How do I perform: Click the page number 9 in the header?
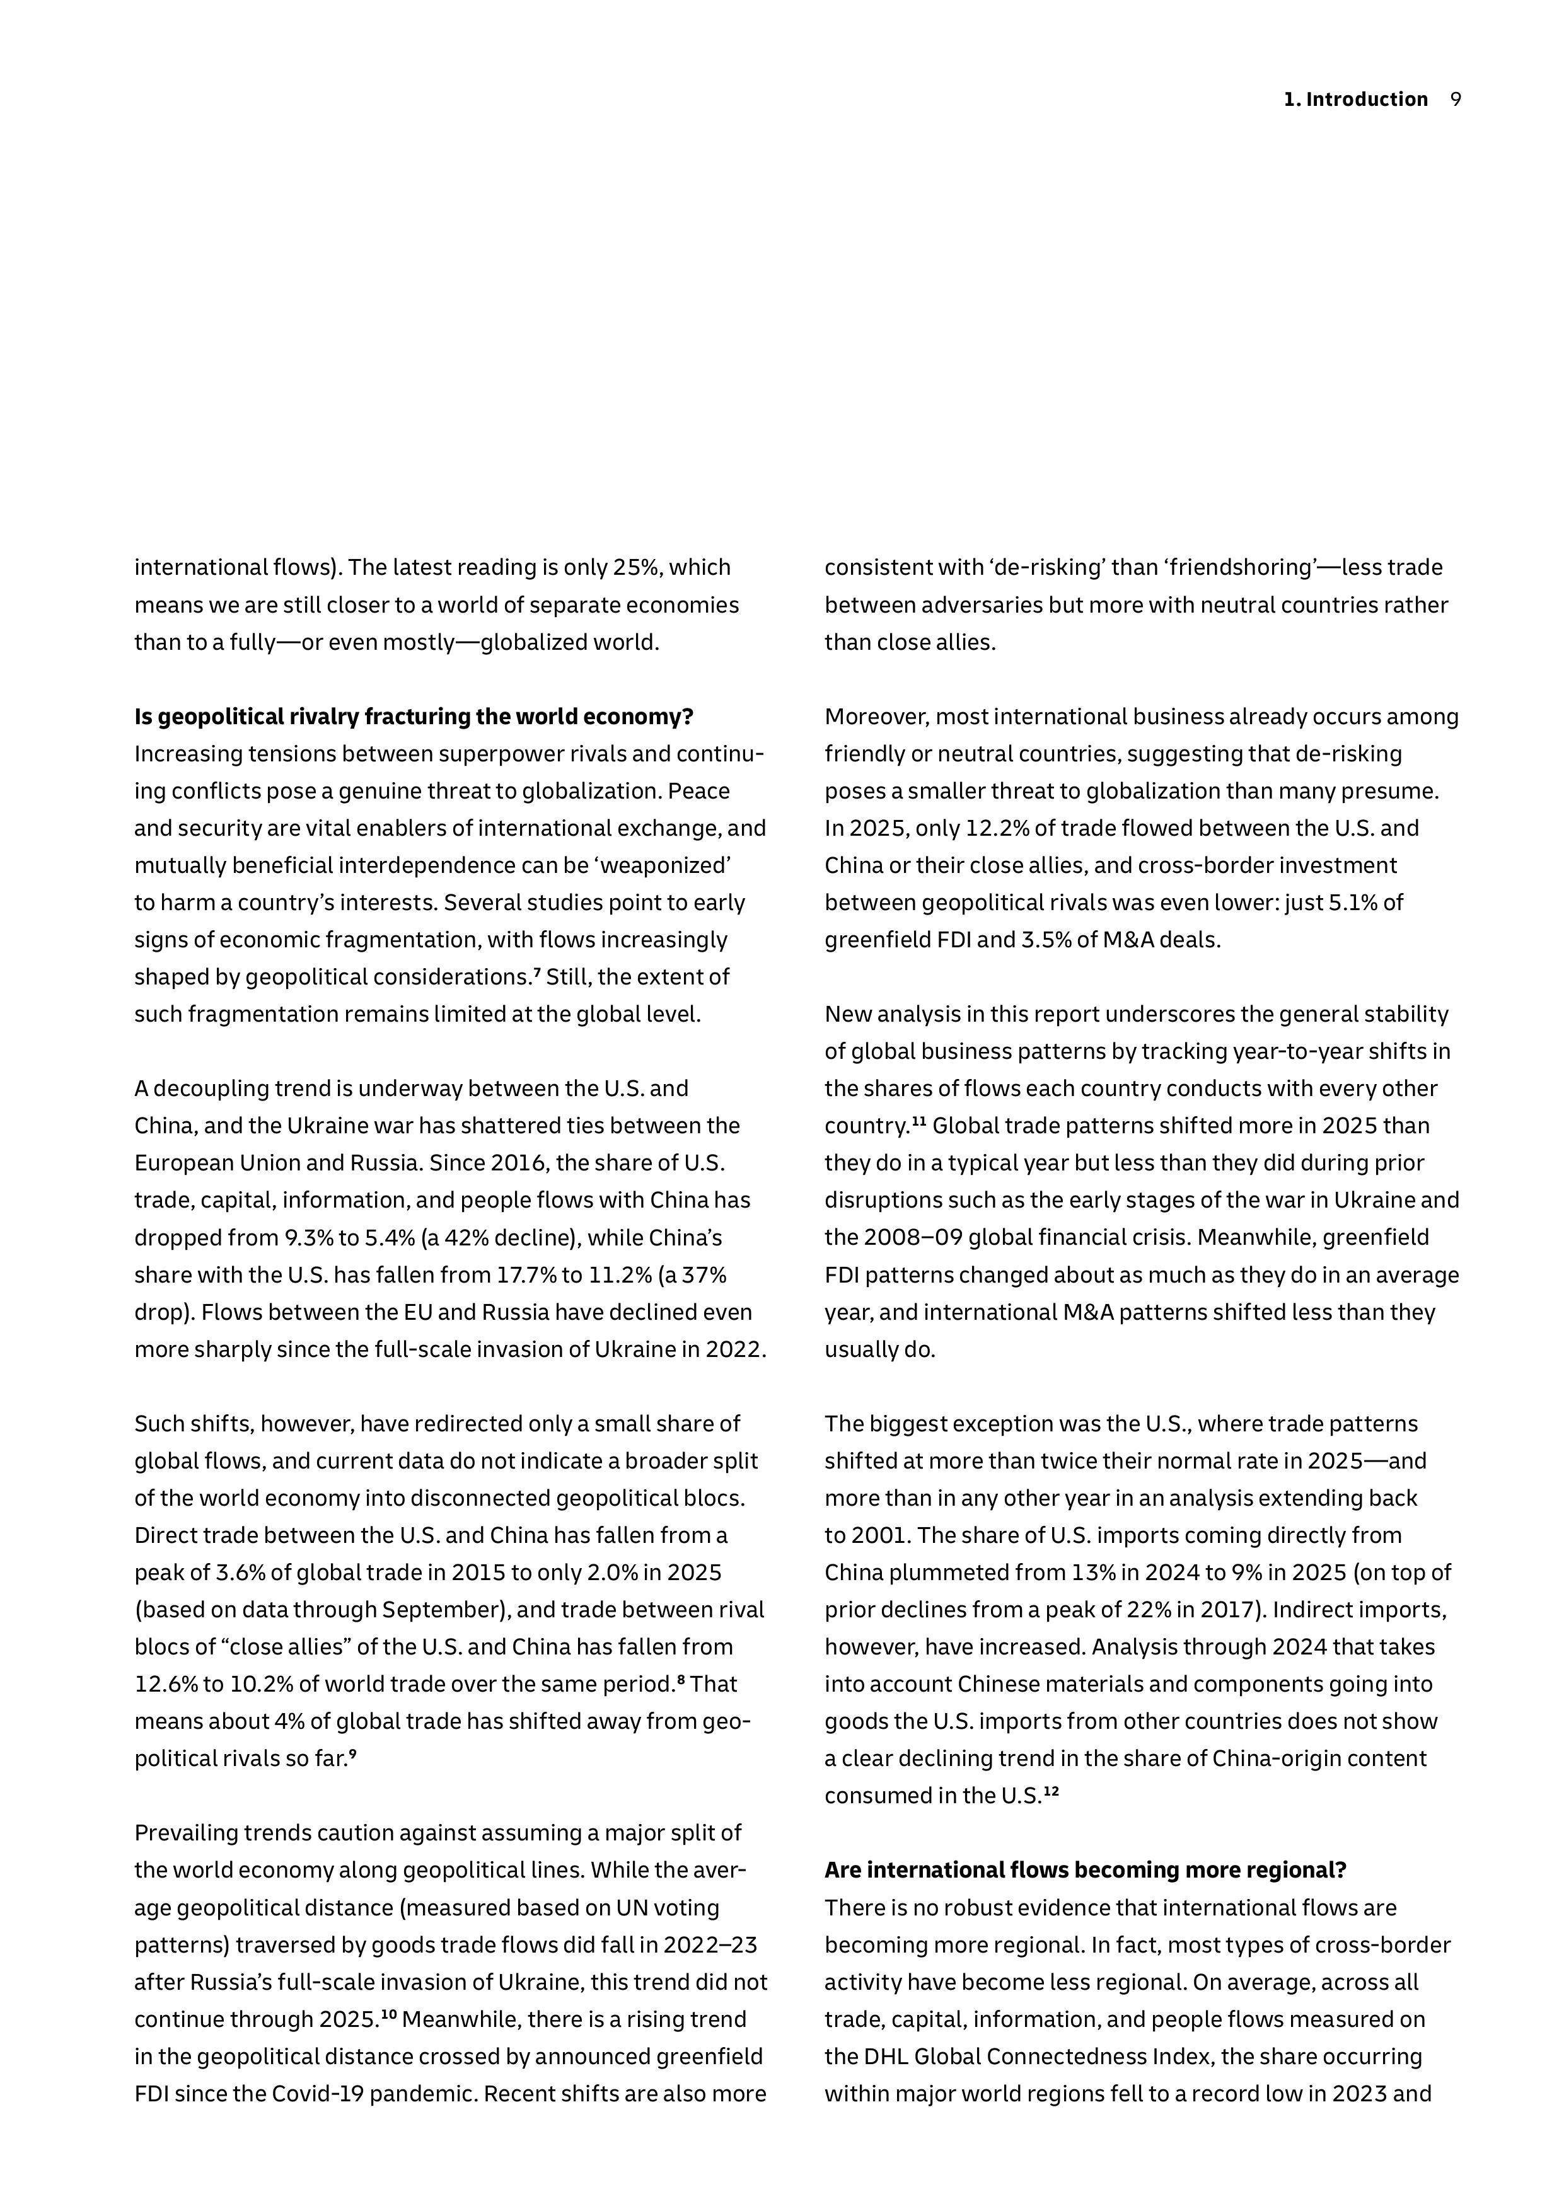1455,99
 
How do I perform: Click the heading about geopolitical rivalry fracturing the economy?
414,717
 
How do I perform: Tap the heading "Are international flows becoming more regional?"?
1086,1870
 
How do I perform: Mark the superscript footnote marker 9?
352,1753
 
